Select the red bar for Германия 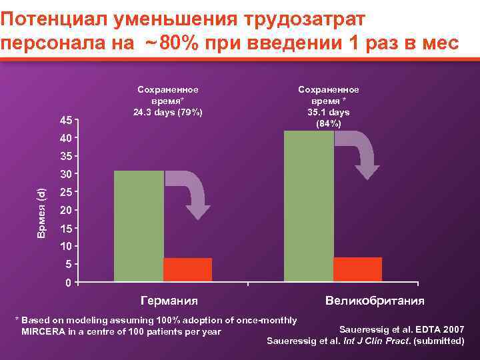pos(187,269)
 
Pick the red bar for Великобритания pos(357,269)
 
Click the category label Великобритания pos(375,300)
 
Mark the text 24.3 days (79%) pos(168,111)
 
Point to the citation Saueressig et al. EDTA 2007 pos(402,329)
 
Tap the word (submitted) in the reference pos(439,341)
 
